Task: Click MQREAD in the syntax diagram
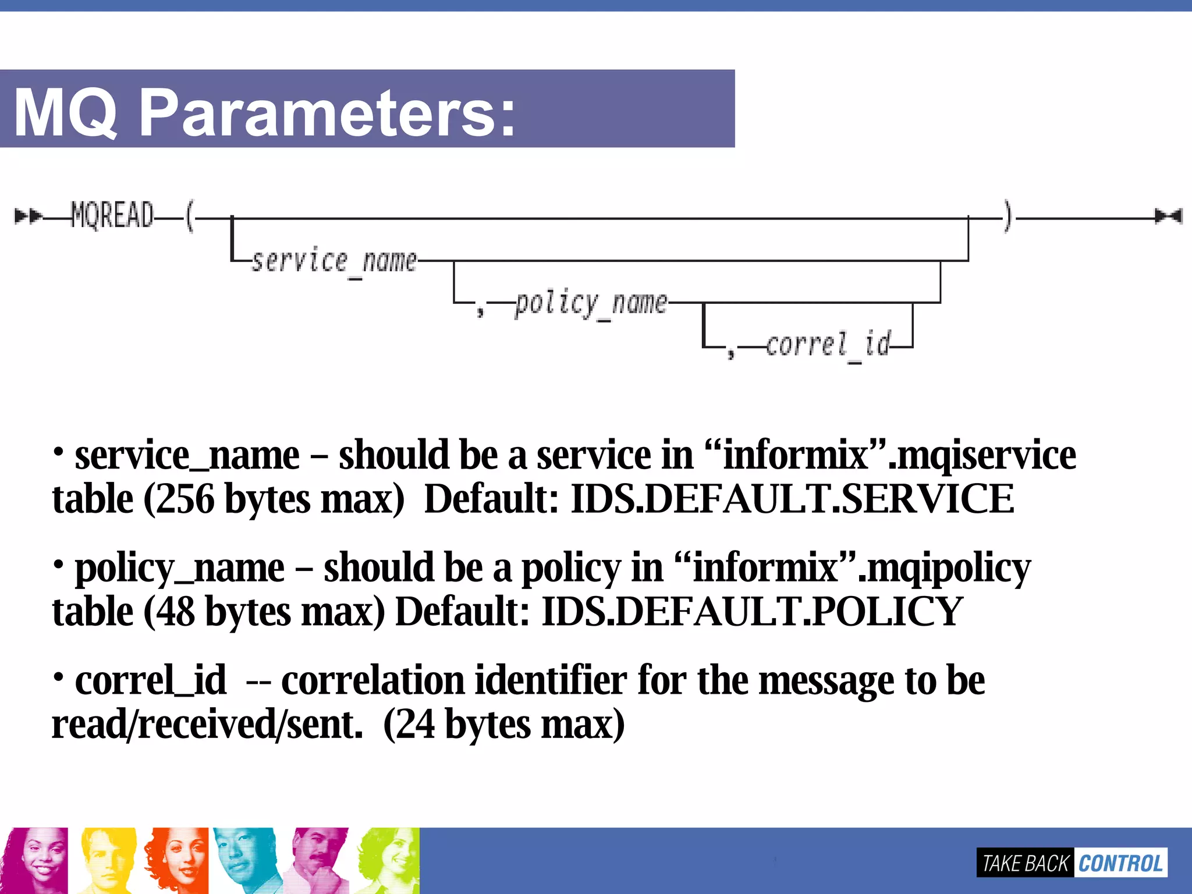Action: tap(112, 215)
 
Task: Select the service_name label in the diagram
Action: tap(334, 260)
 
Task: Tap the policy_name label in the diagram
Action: tap(591, 303)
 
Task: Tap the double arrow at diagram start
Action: tap(27, 217)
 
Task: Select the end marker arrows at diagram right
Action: tap(1169, 217)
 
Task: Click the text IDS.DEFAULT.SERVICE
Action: tap(792, 499)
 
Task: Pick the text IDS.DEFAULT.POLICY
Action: tap(752, 612)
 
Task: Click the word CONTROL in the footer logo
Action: tap(1120, 863)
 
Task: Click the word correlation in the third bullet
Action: tap(372, 680)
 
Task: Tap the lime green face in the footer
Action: tap(389, 860)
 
